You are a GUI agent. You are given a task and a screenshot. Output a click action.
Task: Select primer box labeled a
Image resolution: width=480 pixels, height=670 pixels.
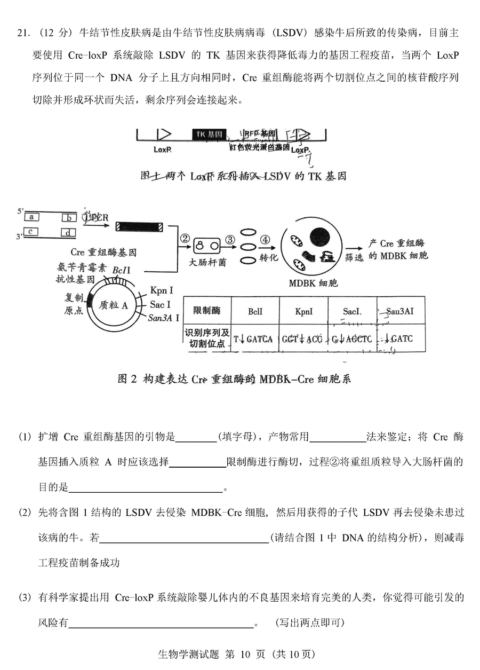pyautogui.click(x=32, y=217)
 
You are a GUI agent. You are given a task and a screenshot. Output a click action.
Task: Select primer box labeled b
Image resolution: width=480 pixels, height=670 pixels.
pyautogui.click(x=69, y=218)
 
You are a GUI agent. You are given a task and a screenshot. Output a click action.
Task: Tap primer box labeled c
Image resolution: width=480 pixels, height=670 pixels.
pyautogui.click(x=32, y=231)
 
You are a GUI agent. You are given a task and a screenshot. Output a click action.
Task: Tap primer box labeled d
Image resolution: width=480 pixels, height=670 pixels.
pyautogui.click(x=68, y=232)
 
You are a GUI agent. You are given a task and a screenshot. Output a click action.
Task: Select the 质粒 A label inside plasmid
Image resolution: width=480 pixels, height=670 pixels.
pyautogui.click(x=114, y=305)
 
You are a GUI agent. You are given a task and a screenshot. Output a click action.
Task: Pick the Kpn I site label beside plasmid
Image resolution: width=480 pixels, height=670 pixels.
pyautogui.click(x=162, y=291)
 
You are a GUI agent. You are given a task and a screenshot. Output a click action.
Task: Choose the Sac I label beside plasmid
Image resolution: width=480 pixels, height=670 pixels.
pyautogui.click(x=160, y=304)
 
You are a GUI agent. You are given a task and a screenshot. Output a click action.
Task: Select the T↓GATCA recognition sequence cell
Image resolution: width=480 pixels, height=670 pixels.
pyautogui.click(x=253, y=338)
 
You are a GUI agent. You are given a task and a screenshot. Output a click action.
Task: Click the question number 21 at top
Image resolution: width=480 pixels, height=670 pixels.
pyautogui.click(x=23, y=33)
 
